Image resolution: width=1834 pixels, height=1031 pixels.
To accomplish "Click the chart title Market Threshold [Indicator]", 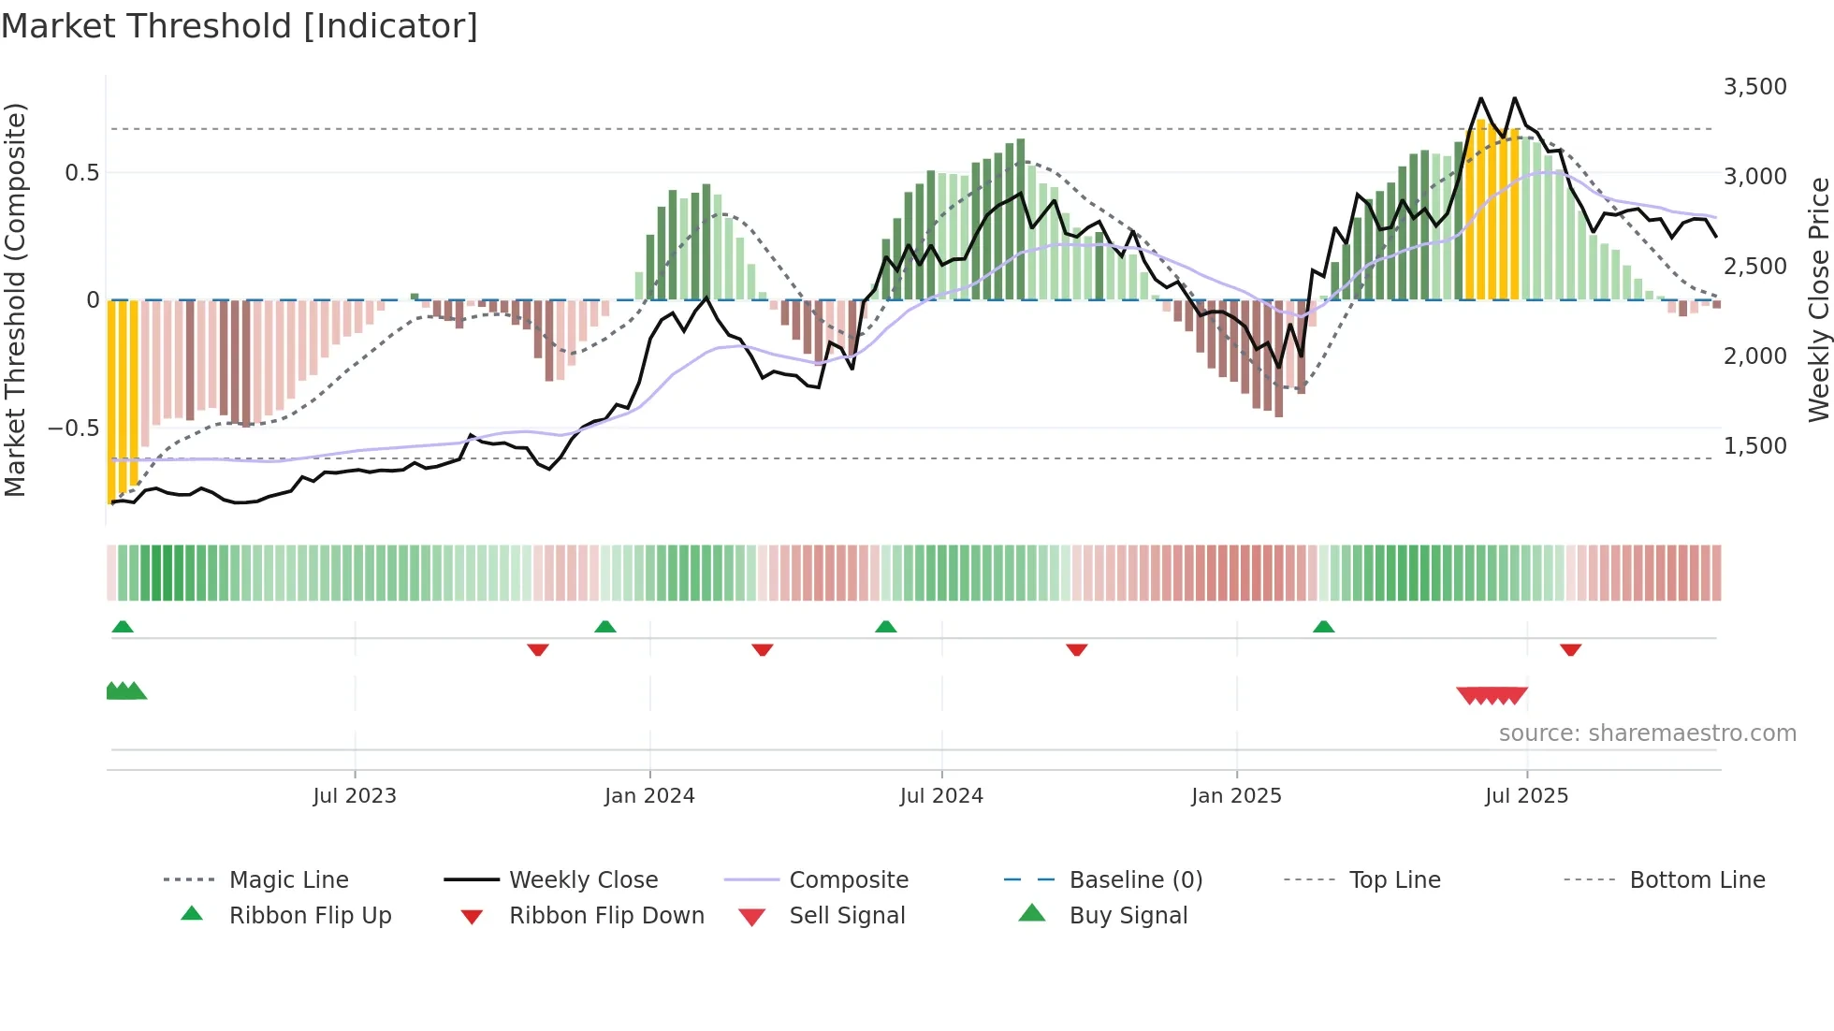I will pos(240,26).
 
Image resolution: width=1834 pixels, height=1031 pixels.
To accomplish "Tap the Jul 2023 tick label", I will pos(355,796).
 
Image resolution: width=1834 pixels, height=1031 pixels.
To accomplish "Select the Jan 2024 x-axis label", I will pos(649,796).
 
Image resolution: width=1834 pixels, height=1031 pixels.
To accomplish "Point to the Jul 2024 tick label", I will pos(941,796).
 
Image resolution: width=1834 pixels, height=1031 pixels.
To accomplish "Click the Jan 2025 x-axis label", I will pos(1236,796).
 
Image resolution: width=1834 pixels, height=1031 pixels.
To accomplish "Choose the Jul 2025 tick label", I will pos(1526,796).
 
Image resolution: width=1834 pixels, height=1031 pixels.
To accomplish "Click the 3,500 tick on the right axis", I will pos(1754,87).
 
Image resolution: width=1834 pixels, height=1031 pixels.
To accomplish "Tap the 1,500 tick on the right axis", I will pos(1754,446).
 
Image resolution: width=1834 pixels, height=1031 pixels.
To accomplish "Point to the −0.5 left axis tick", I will pos(73,428).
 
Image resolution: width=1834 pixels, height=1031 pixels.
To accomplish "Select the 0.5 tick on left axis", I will pos(81,173).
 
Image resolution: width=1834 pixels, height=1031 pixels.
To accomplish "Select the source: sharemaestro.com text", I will pos(1647,733).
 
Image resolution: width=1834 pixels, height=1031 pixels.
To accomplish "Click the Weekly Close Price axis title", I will pos(1818,299).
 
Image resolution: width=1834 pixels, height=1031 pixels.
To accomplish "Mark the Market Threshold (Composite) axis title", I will pos(15,299).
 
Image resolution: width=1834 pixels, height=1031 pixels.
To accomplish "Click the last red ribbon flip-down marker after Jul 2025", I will pos(1570,649).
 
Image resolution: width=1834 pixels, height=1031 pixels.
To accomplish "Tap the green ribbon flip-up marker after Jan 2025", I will pos(1323,627).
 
